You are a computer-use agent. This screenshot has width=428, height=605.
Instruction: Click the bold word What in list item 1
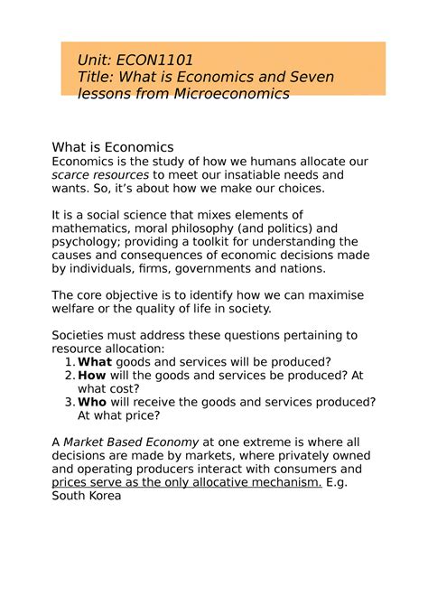pyautogui.click(x=95, y=362)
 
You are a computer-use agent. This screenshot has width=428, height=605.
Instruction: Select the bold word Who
pyautogui.click(x=93, y=402)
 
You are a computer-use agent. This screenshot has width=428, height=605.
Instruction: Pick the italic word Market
pyautogui.click(x=89, y=442)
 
